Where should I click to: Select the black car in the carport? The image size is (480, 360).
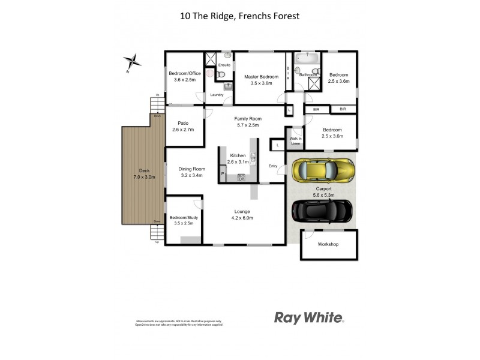321,211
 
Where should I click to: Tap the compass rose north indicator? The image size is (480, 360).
133,61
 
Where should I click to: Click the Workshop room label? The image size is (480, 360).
328,244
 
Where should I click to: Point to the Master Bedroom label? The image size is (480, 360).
261,80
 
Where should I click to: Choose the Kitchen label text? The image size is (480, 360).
238,155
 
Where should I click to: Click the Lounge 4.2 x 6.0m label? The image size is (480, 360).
243,214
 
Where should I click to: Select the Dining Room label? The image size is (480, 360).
191,172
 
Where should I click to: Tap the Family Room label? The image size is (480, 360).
246,122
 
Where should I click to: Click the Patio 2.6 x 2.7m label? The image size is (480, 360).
183,127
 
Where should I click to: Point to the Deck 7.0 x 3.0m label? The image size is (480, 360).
144,174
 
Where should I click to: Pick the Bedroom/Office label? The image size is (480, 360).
185,76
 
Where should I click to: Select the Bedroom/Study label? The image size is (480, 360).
184,220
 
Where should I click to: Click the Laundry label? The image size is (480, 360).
217,95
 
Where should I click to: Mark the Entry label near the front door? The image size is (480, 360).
273,166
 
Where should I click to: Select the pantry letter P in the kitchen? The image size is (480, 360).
222,174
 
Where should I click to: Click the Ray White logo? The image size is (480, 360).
309,317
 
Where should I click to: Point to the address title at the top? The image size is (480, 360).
239,17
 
